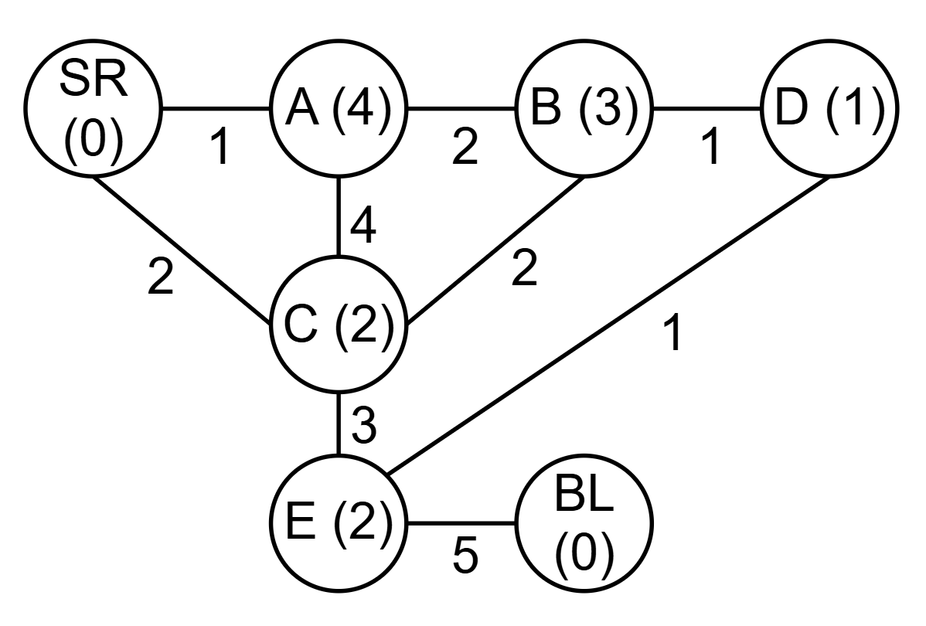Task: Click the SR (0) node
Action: click(x=93, y=108)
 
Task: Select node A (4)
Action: click(x=339, y=108)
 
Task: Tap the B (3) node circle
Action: click(x=584, y=108)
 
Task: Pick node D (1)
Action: click(x=829, y=108)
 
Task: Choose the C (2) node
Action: click(x=339, y=325)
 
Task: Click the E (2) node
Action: click(x=339, y=523)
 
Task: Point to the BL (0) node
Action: click(x=584, y=523)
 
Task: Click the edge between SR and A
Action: click(x=216, y=108)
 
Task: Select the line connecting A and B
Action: click(x=461, y=108)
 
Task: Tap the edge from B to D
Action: click(x=707, y=108)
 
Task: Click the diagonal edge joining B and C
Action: click(x=495, y=250)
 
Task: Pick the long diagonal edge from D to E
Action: click(x=608, y=325)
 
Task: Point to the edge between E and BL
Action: click(x=461, y=523)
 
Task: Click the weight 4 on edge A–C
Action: click(x=363, y=224)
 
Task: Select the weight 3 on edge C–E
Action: click(x=364, y=425)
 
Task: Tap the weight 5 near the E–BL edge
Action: click(x=465, y=555)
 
